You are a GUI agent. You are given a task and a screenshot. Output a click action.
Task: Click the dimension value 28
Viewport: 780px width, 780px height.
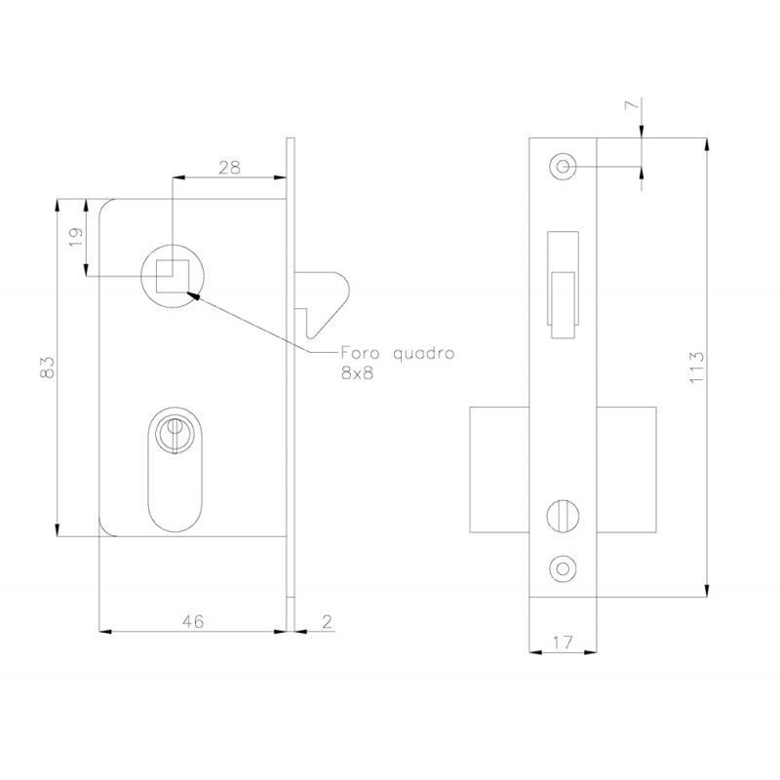click(x=229, y=167)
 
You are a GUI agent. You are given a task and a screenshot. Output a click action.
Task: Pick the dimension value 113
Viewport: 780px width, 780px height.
click(x=696, y=367)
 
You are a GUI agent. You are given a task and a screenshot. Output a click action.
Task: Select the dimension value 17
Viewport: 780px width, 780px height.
click(x=561, y=643)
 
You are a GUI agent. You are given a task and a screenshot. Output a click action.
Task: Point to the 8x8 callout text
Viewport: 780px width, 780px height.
click(x=358, y=374)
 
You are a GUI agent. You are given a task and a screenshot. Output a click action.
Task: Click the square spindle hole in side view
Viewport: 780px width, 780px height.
click(x=172, y=276)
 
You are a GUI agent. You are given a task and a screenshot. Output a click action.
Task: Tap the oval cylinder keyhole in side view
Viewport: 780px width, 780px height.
click(x=175, y=471)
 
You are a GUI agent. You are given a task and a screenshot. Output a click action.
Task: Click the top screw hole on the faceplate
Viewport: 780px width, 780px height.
click(x=562, y=168)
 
